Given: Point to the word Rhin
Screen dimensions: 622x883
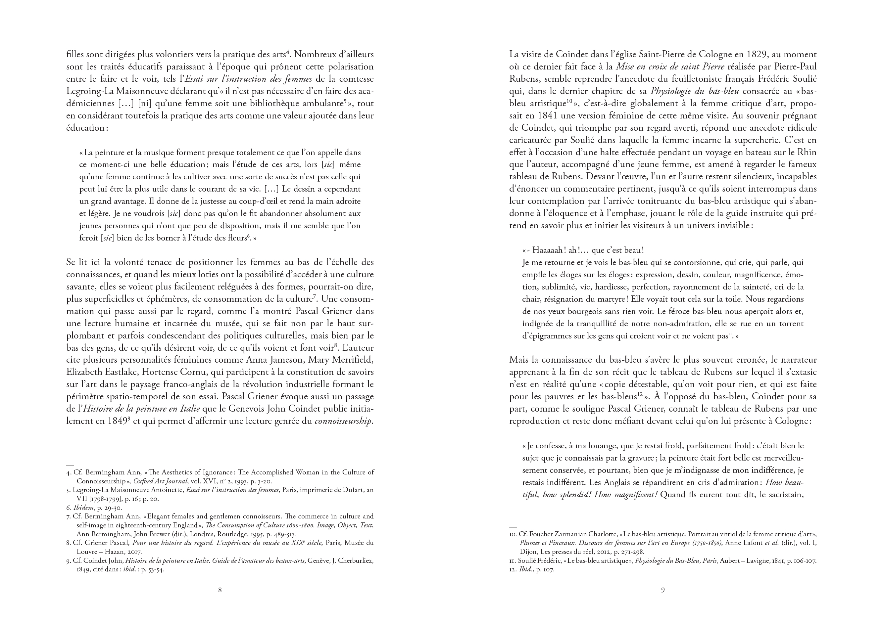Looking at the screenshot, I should pyautogui.click(x=807, y=152).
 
